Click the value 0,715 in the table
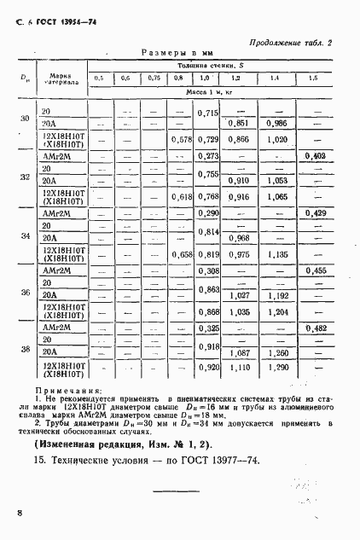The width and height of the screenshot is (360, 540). (208, 113)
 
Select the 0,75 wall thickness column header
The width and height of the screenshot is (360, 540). (153, 78)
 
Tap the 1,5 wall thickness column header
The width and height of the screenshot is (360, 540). (314, 78)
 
